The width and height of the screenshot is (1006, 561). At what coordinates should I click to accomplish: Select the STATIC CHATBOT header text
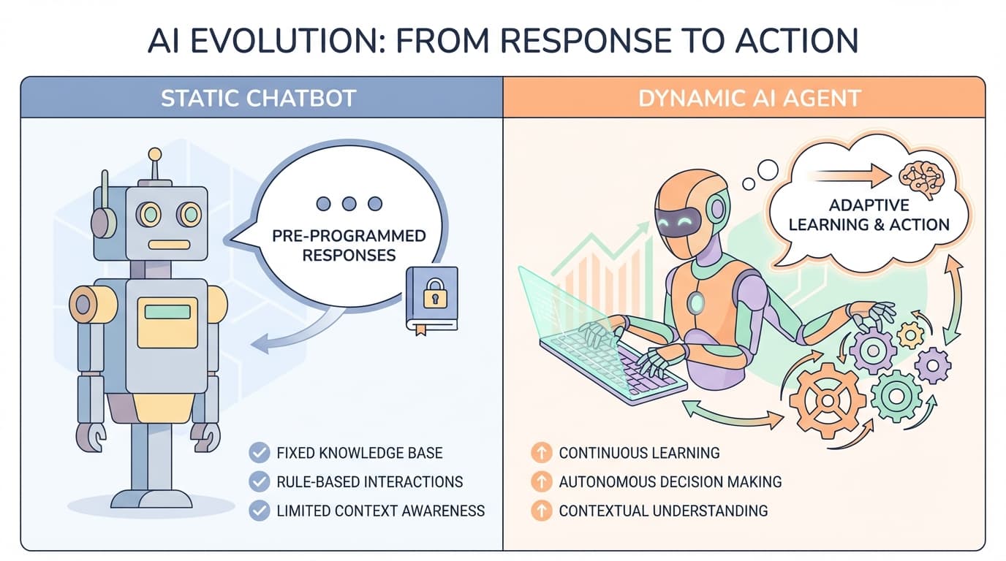[x=258, y=98]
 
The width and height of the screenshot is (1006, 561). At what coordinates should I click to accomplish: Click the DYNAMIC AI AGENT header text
[x=749, y=98]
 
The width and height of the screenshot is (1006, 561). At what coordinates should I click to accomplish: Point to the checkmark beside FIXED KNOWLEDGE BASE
[x=259, y=453]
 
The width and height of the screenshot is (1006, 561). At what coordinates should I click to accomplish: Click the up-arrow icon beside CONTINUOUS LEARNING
[x=540, y=453]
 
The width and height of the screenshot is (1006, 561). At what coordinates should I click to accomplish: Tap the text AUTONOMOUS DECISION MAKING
[x=670, y=482]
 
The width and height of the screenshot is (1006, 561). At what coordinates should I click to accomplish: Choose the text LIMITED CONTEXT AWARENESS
[x=380, y=511]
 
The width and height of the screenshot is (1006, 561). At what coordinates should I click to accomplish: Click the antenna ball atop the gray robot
[x=154, y=154]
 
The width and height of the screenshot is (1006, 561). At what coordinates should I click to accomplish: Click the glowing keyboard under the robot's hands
[x=614, y=365]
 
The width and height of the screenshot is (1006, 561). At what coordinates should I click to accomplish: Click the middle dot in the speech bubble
[x=349, y=204]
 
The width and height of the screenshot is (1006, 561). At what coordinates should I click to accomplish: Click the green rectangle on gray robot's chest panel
[x=167, y=312]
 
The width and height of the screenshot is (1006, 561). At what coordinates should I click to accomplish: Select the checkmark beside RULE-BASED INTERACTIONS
[x=259, y=482]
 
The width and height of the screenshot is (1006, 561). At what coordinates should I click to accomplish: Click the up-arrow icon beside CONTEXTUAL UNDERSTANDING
[x=540, y=511]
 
